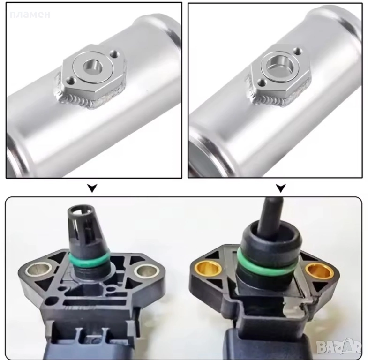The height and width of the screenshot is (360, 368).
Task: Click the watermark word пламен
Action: tap(30, 15)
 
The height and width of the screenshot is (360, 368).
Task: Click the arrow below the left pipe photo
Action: tap(92, 188)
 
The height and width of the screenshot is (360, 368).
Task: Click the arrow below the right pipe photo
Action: tap(281, 188)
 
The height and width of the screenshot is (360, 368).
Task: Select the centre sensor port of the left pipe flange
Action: tap(93, 67)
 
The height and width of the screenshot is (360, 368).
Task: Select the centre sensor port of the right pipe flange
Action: tap(281, 66)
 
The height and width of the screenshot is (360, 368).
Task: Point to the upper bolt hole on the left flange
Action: tap(115, 53)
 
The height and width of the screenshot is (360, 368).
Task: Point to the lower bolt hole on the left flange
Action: tap(70, 81)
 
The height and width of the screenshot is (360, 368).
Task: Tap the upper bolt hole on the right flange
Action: tap(298, 50)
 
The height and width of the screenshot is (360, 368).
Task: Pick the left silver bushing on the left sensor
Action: tap(39, 269)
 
